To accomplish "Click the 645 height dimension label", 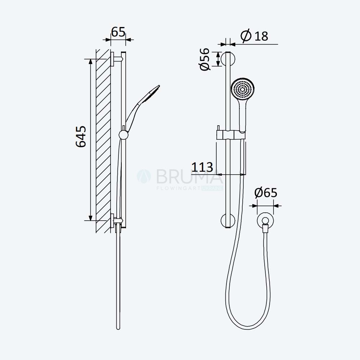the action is tap(81, 136).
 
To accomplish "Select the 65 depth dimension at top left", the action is tap(118, 32).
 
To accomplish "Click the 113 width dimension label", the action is tap(202, 167).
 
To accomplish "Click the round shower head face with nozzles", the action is tap(243, 89).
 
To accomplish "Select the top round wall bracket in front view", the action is tap(228, 59).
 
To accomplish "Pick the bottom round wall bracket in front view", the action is tap(228, 220).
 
